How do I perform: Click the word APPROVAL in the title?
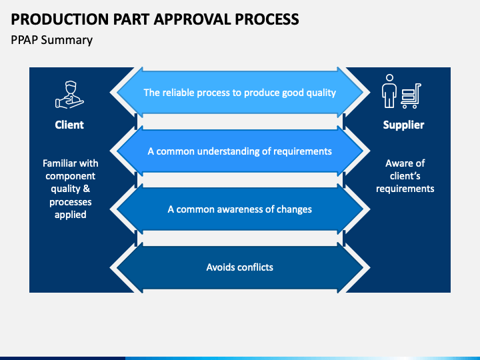[x=192, y=19]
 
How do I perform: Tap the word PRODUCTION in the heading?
[x=60, y=19]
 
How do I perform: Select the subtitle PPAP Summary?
[x=51, y=40]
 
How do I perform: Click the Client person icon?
[x=69, y=94]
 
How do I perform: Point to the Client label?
[x=69, y=125]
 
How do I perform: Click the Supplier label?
[x=403, y=125]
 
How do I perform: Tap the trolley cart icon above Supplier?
[x=411, y=96]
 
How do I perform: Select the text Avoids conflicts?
[x=240, y=267]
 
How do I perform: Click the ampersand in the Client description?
[x=86, y=189]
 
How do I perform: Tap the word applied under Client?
[x=71, y=215]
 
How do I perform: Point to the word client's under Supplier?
[x=405, y=176]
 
